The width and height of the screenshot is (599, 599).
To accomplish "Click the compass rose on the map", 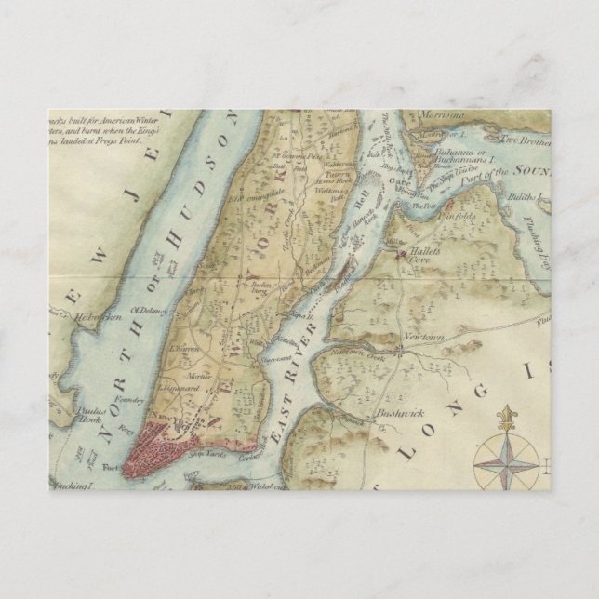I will [507, 462].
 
